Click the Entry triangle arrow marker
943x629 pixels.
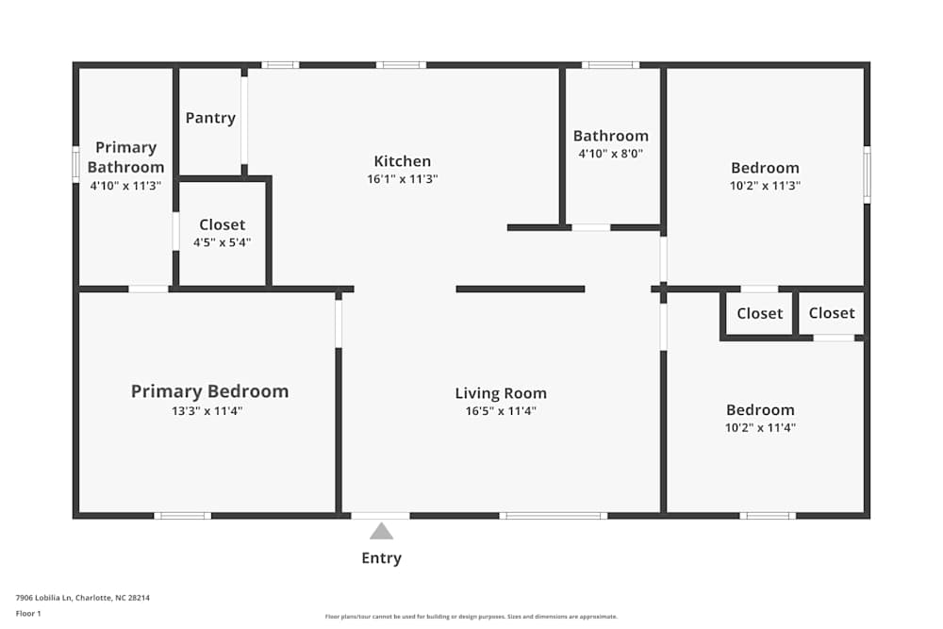pyautogui.click(x=381, y=531)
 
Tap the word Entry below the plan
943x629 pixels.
pyautogui.click(x=381, y=558)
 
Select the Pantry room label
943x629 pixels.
pyautogui.click(x=210, y=118)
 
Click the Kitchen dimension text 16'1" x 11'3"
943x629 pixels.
pyautogui.click(x=403, y=178)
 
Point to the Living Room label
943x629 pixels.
pyautogui.click(x=501, y=393)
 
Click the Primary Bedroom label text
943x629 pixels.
pyautogui.click(x=209, y=391)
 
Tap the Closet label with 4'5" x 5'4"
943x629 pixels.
pyautogui.click(x=223, y=224)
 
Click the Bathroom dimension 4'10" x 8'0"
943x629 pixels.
pyautogui.click(x=611, y=153)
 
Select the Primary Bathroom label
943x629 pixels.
pyautogui.click(x=125, y=157)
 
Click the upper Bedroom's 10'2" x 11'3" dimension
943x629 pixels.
pyautogui.click(x=765, y=186)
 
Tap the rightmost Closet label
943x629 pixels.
pyautogui.click(x=832, y=313)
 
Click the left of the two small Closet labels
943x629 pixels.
pyautogui.click(x=760, y=313)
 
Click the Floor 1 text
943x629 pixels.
pyautogui.click(x=28, y=613)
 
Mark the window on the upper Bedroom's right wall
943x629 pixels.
pyautogui.click(x=867, y=174)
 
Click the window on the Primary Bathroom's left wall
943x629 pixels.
pyautogui.click(x=75, y=162)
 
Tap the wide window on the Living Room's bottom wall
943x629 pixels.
pyautogui.click(x=553, y=516)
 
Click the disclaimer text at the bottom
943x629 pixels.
pyautogui.click(x=471, y=617)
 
